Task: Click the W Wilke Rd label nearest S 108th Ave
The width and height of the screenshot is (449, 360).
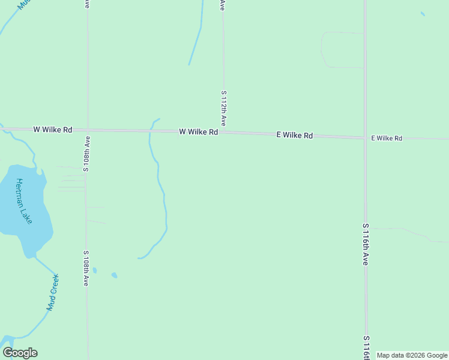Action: (x=53, y=129)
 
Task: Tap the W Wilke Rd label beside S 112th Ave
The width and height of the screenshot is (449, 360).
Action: (x=198, y=131)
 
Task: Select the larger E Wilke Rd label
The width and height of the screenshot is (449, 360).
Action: (x=294, y=136)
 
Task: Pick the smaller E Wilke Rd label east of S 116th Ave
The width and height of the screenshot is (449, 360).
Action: (x=386, y=138)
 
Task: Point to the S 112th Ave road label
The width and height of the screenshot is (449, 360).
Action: (x=223, y=108)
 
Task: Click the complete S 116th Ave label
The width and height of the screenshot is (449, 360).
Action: (x=365, y=245)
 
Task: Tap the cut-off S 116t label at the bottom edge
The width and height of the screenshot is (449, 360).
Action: (x=366, y=347)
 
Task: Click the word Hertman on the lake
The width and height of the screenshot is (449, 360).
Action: (x=21, y=192)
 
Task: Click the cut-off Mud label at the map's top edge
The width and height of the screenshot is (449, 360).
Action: (x=23, y=4)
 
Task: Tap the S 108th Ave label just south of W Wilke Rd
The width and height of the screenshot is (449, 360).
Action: (x=87, y=154)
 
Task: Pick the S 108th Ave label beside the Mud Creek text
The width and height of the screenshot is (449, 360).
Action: (x=86, y=268)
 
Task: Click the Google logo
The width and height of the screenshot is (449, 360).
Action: (x=20, y=353)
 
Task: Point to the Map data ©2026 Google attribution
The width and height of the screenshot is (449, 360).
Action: (x=412, y=355)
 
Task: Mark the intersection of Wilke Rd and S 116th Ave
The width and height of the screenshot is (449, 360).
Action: (x=365, y=138)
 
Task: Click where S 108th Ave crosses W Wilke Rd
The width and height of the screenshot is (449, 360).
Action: (x=88, y=130)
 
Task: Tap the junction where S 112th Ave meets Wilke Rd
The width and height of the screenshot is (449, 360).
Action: (x=224, y=133)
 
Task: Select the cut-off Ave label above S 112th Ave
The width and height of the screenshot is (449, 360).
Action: (x=223, y=5)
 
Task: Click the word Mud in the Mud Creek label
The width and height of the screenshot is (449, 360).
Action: (x=50, y=304)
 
